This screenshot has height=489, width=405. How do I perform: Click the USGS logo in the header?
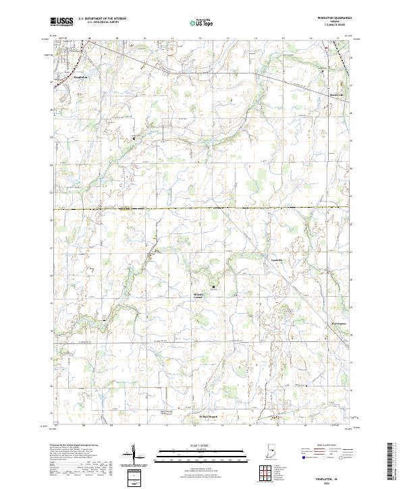click(61, 22)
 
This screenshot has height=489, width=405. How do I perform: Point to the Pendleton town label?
click(81, 77)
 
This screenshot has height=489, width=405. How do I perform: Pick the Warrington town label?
click(338, 324)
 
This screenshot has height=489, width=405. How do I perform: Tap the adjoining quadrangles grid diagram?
click(268, 473)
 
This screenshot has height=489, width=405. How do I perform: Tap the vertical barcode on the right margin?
click(392, 465)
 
